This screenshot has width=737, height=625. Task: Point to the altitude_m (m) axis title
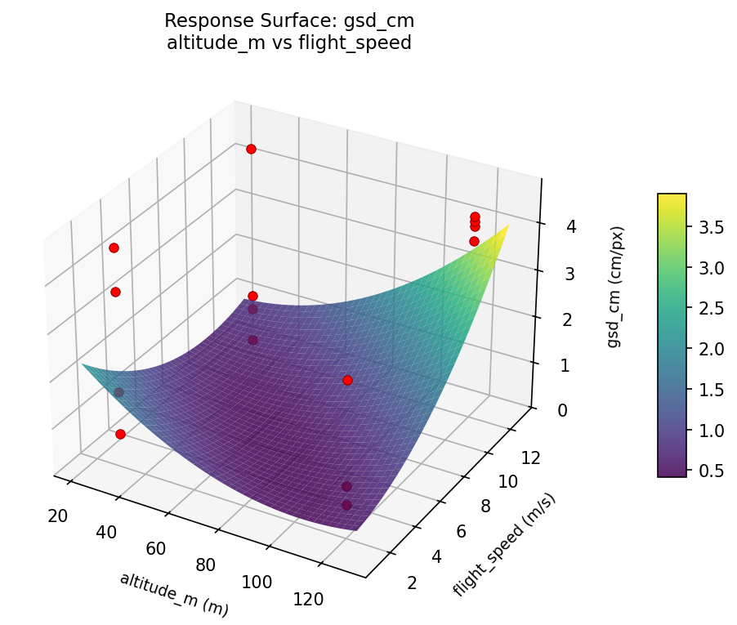pyautogui.click(x=173, y=594)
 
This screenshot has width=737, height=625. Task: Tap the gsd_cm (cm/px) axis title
pyautogui.click(x=614, y=287)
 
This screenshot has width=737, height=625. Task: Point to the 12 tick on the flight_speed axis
pyautogui.click(x=530, y=458)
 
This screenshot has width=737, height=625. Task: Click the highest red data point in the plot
pyautogui.click(x=251, y=149)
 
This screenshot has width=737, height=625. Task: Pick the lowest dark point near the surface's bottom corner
pyautogui.click(x=346, y=505)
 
